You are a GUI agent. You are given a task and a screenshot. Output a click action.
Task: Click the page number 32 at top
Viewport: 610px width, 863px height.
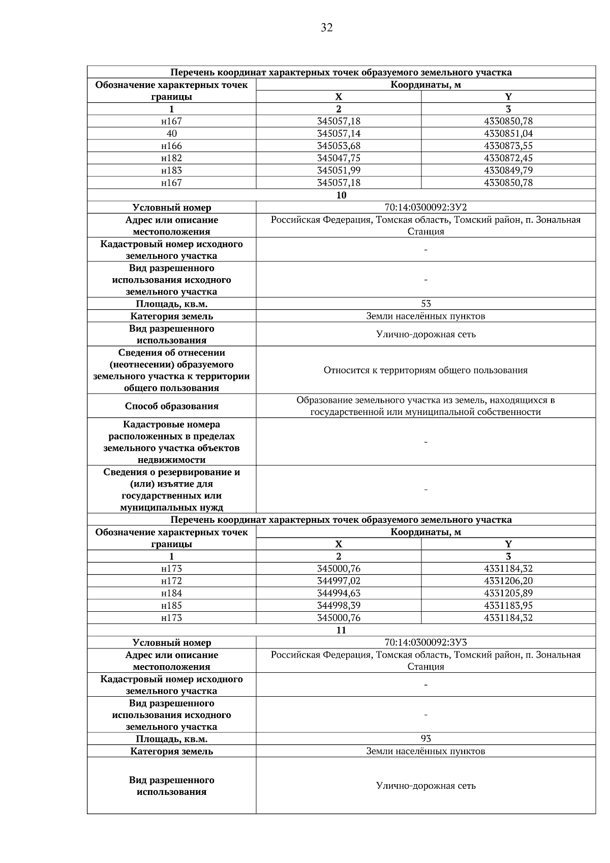327,28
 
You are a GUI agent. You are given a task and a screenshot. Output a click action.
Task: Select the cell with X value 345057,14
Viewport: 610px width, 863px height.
339,134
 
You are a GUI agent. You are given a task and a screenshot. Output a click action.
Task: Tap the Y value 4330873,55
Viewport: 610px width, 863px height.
508,146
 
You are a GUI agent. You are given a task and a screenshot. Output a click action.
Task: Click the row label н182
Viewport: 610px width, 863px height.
171,158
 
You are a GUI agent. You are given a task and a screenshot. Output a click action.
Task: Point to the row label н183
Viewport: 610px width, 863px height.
171,170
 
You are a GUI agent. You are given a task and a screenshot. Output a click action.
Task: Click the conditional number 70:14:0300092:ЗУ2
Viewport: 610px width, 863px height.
425,207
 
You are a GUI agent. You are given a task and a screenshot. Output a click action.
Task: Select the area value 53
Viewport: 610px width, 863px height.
425,304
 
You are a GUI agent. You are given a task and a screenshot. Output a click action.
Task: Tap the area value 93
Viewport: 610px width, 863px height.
425,739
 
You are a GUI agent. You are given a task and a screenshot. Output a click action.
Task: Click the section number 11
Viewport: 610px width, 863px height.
341,630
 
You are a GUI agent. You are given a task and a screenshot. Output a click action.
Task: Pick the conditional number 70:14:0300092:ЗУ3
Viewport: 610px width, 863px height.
425,643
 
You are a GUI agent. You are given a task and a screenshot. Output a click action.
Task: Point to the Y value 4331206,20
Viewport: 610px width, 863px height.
508,581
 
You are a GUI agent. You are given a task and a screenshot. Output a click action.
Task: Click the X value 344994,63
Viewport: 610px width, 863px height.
339,593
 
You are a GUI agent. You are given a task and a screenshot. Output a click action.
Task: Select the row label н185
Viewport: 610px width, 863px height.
171,606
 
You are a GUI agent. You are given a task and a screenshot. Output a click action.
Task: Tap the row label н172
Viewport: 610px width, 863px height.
171,581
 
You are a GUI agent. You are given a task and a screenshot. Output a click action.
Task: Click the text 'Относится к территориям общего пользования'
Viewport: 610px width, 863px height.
425,370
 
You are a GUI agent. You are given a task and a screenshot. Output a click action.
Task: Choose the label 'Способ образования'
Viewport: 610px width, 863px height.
171,406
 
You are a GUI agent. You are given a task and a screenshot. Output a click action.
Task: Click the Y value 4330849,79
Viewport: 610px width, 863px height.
508,170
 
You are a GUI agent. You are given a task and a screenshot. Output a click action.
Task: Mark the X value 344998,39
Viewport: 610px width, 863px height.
339,606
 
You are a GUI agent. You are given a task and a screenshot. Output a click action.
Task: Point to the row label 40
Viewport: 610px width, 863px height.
171,134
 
